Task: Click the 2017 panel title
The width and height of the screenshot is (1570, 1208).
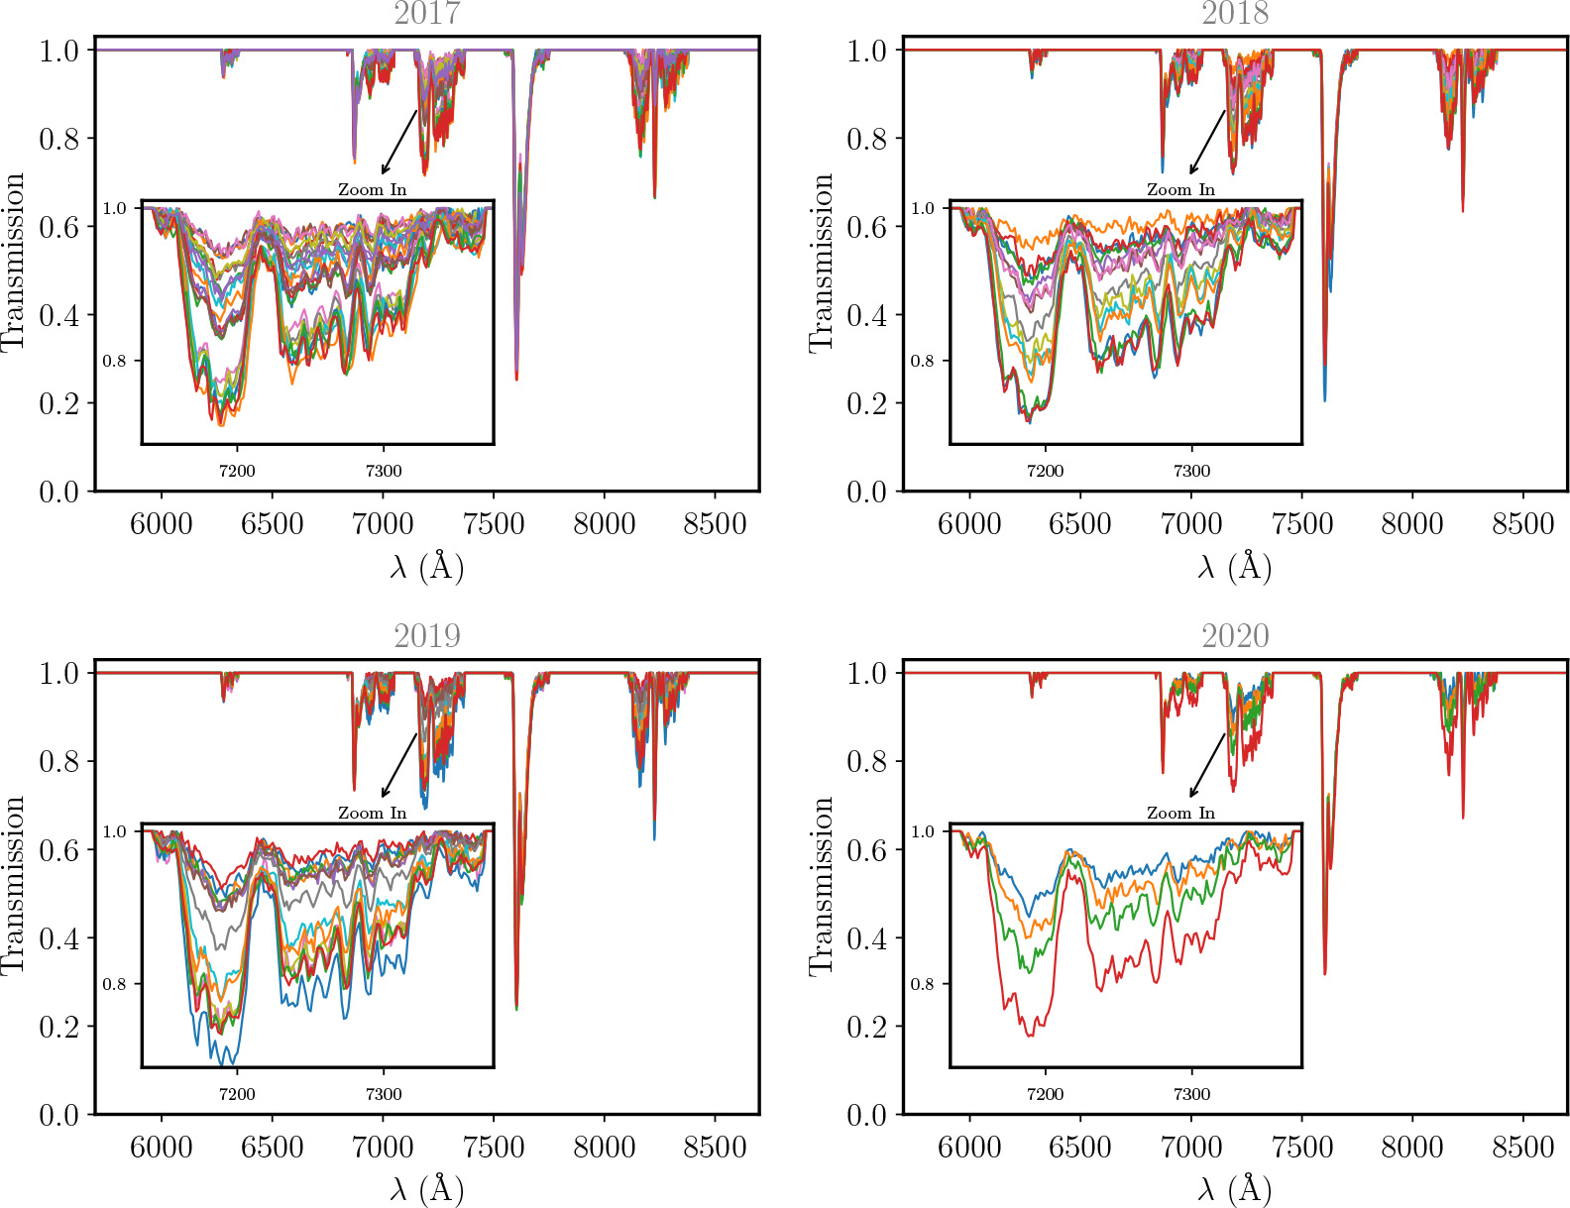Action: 426,14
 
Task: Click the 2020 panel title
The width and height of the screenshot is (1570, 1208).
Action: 1235,636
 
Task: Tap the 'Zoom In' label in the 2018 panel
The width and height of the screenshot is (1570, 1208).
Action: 1180,189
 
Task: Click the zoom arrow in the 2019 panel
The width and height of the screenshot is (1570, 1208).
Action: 398,765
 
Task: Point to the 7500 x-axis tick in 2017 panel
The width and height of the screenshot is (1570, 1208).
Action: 494,524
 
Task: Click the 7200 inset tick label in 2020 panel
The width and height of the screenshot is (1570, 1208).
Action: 1045,1094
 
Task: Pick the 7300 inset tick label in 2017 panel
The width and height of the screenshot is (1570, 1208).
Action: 384,471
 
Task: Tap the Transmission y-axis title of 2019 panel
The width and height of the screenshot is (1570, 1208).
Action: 14,885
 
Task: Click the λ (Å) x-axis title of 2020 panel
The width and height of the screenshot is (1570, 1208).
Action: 1235,1189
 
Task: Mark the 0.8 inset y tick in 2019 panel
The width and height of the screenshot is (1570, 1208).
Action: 115,984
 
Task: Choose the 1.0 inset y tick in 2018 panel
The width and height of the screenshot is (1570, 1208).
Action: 923,208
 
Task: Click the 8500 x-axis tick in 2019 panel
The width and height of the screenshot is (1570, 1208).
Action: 715,1148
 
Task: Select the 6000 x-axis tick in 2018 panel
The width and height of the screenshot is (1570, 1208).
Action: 969,524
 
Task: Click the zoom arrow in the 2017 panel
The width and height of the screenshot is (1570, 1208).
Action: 398,142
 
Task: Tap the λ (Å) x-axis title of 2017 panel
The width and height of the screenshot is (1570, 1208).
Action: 426,567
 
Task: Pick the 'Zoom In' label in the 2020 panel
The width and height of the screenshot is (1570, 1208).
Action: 1180,813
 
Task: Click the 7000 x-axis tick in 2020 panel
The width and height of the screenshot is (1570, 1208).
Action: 1190,1148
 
